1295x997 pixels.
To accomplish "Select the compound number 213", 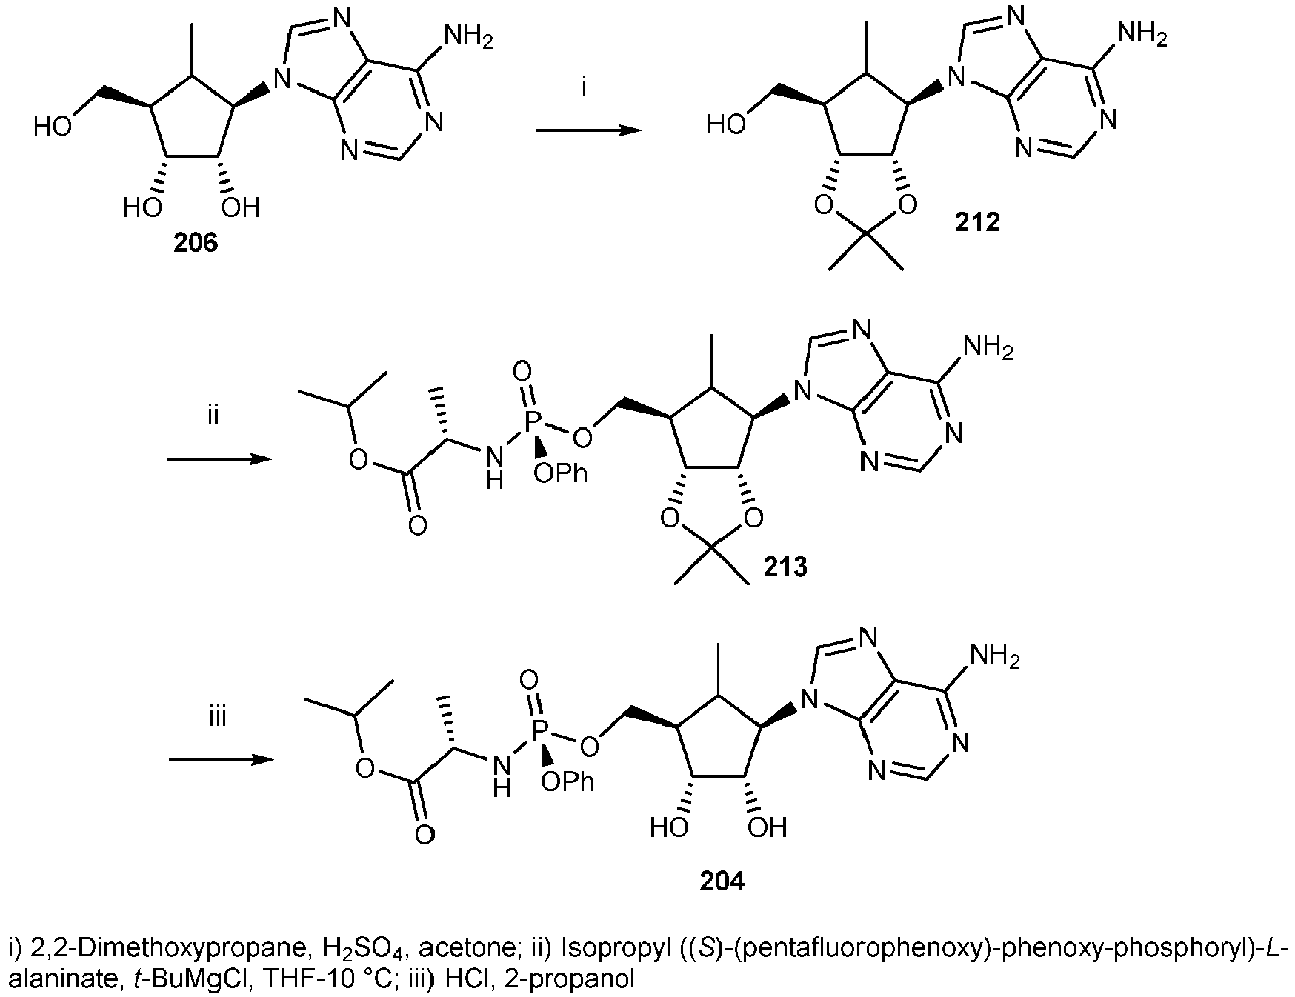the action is pos(786,567).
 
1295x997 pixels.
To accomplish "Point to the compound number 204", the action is pos(722,881).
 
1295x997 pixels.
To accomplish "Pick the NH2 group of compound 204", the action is pos(996,658).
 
